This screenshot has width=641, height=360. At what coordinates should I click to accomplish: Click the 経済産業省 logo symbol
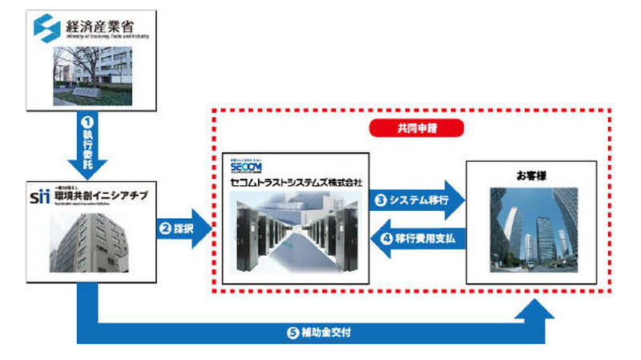click(x=46, y=27)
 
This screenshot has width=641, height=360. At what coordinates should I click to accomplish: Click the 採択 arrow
click(x=184, y=229)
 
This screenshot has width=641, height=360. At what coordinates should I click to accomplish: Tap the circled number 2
click(x=165, y=229)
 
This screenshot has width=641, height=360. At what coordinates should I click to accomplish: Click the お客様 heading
click(x=532, y=175)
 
